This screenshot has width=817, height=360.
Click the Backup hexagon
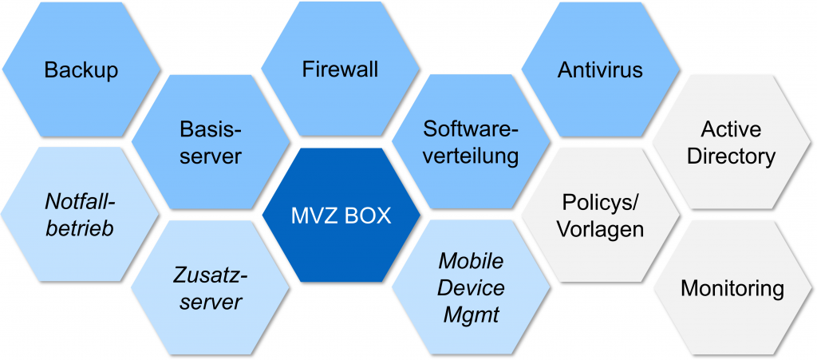[x=81, y=69]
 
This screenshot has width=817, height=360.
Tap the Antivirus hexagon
[x=600, y=69]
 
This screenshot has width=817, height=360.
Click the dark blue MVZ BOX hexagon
[x=341, y=216]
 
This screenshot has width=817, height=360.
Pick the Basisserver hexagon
[x=211, y=142]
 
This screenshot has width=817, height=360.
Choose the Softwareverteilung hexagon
[x=471, y=142]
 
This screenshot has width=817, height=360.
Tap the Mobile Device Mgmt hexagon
[x=471, y=288]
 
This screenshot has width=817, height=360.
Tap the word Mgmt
[x=471, y=315]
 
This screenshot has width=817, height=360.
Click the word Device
[x=471, y=288]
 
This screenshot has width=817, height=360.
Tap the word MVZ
[x=314, y=216]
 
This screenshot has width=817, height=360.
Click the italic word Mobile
[x=471, y=262]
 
